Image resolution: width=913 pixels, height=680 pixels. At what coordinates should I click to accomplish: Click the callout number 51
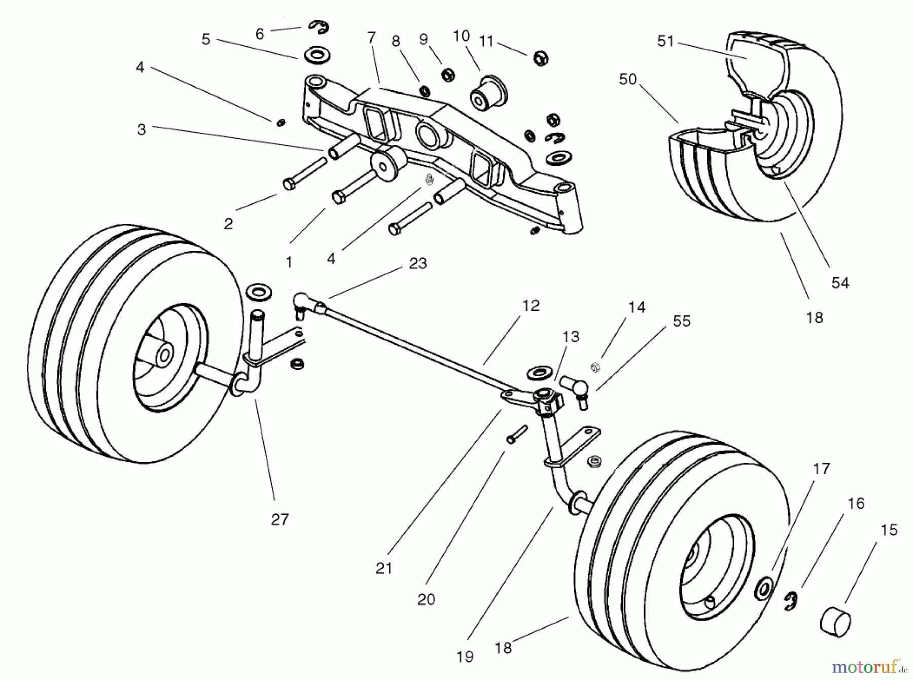click(x=665, y=41)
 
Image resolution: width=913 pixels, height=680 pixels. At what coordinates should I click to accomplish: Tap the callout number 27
click(x=280, y=519)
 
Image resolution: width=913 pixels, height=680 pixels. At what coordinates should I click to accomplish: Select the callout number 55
click(x=681, y=321)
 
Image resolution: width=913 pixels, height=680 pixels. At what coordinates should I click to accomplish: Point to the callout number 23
click(x=417, y=263)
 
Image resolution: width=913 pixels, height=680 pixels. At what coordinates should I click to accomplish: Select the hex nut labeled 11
click(x=541, y=58)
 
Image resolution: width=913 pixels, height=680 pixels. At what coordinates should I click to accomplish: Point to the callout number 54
click(x=840, y=283)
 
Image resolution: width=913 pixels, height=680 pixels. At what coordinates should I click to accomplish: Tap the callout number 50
click(x=627, y=80)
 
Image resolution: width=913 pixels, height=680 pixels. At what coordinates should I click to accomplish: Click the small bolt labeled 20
click(x=516, y=435)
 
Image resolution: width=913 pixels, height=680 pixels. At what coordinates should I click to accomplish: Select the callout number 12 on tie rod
click(x=531, y=306)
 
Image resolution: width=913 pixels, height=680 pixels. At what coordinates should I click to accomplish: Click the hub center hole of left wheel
click(x=164, y=355)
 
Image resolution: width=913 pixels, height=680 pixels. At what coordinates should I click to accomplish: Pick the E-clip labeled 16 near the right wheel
click(x=792, y=601)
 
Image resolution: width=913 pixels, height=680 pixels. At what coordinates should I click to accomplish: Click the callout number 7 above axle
click(x=372, y=38)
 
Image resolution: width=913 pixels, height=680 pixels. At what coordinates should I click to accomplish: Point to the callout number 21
click(x=384, y=568)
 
